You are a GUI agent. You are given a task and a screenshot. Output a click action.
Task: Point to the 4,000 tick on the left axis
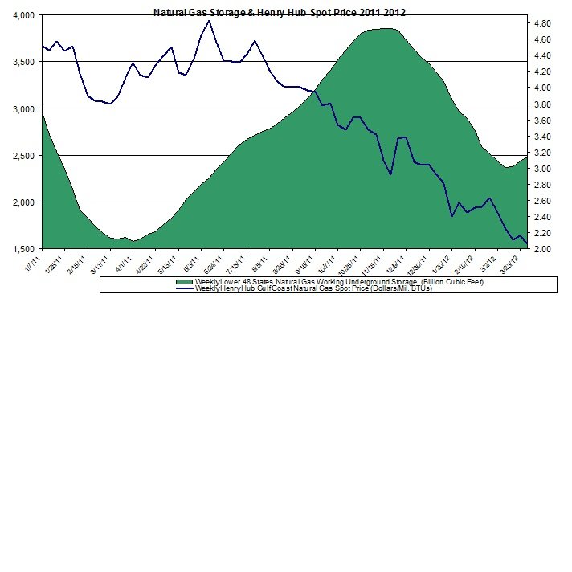[x=22, y=15]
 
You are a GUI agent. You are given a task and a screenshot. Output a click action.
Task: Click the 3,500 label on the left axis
[x=22, y=62]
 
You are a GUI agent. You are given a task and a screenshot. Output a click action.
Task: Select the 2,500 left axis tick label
[x=22, y=155]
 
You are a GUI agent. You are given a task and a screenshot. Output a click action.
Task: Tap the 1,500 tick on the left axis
[x=22, y=249]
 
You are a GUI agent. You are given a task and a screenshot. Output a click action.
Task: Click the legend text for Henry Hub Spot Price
[x=313, y=288]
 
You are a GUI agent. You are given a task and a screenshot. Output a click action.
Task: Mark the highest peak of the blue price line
[x=209, y=21]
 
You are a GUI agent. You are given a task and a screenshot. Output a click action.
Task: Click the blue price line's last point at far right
[x=527, y=243]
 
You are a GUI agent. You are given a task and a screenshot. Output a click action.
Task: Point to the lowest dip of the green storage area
[x=133, y=240]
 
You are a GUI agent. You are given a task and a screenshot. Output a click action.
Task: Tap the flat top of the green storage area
[x=384, y=29]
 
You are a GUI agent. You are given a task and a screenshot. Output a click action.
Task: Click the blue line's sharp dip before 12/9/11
[x=390, y=174]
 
